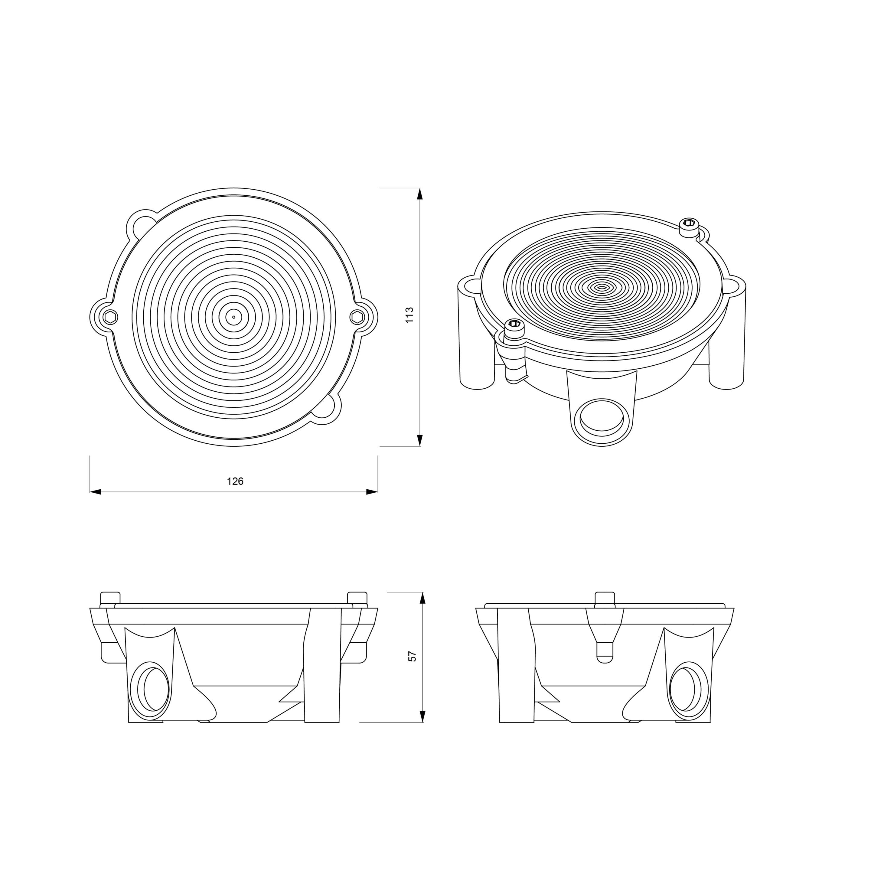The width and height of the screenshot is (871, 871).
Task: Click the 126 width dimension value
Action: [x=235, y=481]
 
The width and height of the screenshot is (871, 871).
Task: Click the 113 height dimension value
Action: [x=409, y=315]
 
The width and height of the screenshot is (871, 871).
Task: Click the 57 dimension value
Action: [x=412, y=656]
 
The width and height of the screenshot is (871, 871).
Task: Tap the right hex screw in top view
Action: [x=357, y=317]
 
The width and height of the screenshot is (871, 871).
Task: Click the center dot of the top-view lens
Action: [x=233, y=317]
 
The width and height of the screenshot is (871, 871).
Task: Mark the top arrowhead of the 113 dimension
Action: [x=420, y=194]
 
